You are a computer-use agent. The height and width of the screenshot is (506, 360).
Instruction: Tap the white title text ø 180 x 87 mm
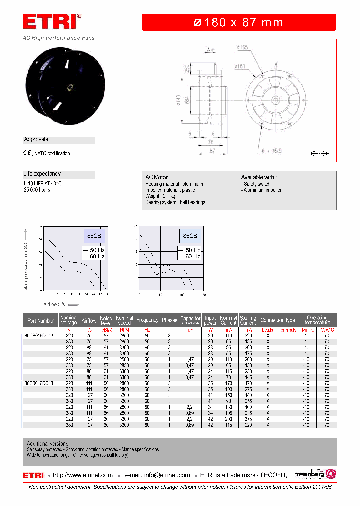click(x=238, y=22)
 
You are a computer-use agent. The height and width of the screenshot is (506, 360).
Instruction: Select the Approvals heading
click(x=36, y=140)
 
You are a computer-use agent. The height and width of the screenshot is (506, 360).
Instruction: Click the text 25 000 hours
click(x=37, y=190)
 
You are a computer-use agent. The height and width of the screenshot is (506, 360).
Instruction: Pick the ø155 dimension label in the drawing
click(x=242, y=47)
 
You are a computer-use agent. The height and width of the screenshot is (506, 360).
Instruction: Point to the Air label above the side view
click(x=210, y=50)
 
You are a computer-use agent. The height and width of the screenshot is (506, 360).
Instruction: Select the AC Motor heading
click(x=156, y=177)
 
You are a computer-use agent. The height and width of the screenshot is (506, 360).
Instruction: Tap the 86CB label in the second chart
click(x=190, y=235)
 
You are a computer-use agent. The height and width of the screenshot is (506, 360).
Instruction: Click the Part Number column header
click(x=41, y=320)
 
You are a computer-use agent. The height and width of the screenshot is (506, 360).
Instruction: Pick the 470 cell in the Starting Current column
click(x=248, y=383)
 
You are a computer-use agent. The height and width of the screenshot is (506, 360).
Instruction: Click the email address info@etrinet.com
click(x=165, y=475)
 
